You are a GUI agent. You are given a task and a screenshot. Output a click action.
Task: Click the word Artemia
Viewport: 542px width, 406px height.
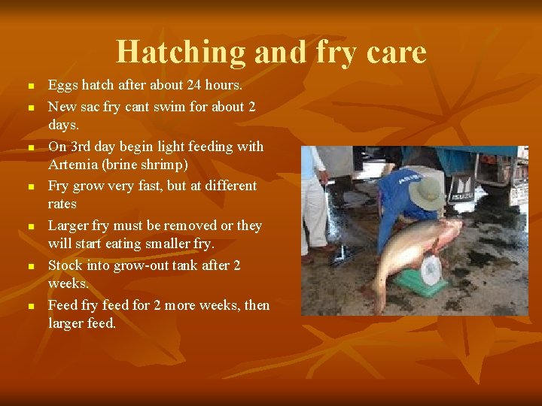click(x=72, y=165)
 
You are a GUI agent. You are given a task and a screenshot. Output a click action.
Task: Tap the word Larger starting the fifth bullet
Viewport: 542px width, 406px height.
click(x=69, y=226)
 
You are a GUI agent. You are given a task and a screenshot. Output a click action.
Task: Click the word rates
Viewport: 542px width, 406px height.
click(x=62, y=205)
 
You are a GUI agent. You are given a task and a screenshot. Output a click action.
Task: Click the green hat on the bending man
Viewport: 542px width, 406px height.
click(x=426, y=192)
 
